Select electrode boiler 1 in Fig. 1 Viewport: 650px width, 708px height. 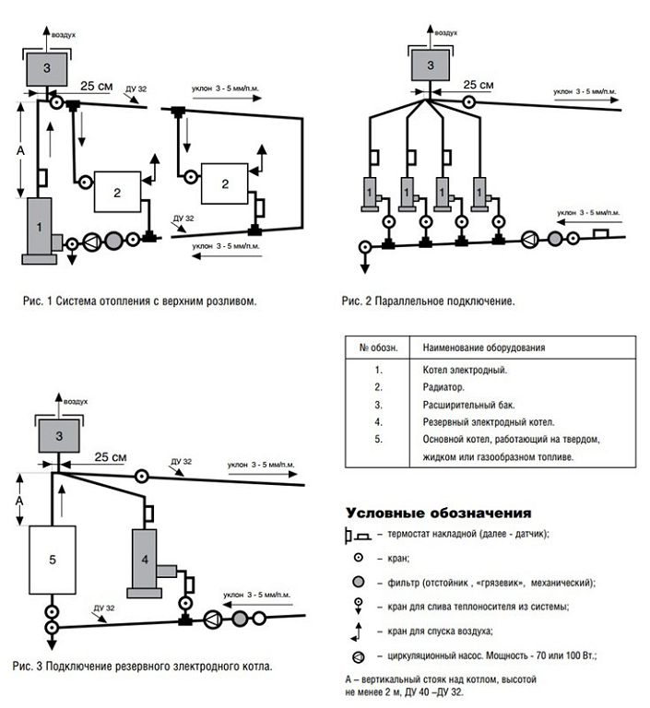pyautogui.click(x=40, y=228)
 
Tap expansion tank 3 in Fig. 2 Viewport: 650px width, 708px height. pyautogui.click(x=430, y=65)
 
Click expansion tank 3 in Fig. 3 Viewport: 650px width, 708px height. pyautogui.click(x=58, y=436)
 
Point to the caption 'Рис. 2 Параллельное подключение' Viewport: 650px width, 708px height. pyautogui.click(x=427, y=301)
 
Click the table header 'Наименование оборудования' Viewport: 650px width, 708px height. pyautogui.click(x=483, y=348)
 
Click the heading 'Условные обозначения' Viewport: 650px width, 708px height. pyautogui.click(x=438, y=513)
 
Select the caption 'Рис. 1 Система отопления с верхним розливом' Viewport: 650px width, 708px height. pyautogui.click(x=139, y=301)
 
